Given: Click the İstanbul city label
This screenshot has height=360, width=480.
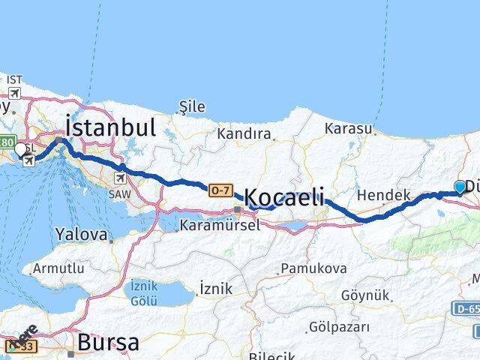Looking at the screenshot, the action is (x=110, y=127).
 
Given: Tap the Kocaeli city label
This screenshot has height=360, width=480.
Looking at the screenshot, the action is (x=284, y=198).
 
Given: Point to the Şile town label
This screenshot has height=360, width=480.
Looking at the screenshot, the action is (x=193, y=107).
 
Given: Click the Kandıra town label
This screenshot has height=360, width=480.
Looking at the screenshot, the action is (x=244, y=134).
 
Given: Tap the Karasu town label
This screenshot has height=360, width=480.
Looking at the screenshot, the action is (x=349, y=129).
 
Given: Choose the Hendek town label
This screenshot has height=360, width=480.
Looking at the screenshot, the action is (x=383, y=195).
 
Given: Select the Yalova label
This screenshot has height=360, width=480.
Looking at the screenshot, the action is (x=81, y=235).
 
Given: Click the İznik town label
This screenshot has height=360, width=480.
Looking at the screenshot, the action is (x=216, y=288).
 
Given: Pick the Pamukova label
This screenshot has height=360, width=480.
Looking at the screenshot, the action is (x=313, y=268).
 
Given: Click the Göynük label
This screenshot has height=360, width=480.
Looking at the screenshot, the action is (x=365, y=295).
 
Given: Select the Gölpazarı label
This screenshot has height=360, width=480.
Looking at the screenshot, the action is (x=339, y=327).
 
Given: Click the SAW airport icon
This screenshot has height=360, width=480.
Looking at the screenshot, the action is (x=121, y=178).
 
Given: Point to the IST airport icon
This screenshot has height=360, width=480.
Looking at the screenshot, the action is (x=14, y=93).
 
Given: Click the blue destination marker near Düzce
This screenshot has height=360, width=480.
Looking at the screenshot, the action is (x=460, y=187).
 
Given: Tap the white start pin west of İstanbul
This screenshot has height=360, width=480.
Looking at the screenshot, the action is (x=20, y=149).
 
